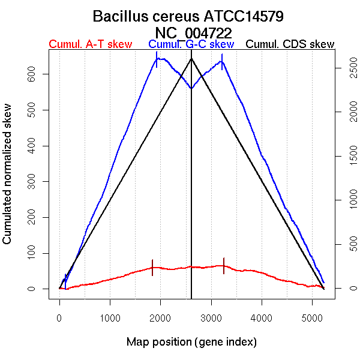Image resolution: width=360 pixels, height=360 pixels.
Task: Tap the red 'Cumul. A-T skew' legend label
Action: click(90, 44)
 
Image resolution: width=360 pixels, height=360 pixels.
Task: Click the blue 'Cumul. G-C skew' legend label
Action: click(191, 44)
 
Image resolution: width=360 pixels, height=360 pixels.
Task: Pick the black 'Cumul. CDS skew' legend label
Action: click(290, 44)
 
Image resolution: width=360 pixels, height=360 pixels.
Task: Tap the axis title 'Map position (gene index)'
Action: click(191, 343)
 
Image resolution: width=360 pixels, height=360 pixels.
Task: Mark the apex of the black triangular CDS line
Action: click(191, 58)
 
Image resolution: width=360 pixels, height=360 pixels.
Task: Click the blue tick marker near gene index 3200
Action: click(222, 61)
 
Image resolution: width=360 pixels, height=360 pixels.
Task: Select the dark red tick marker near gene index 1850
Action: click(153, 268)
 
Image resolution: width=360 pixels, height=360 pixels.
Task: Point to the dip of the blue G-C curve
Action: click(191, 88)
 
